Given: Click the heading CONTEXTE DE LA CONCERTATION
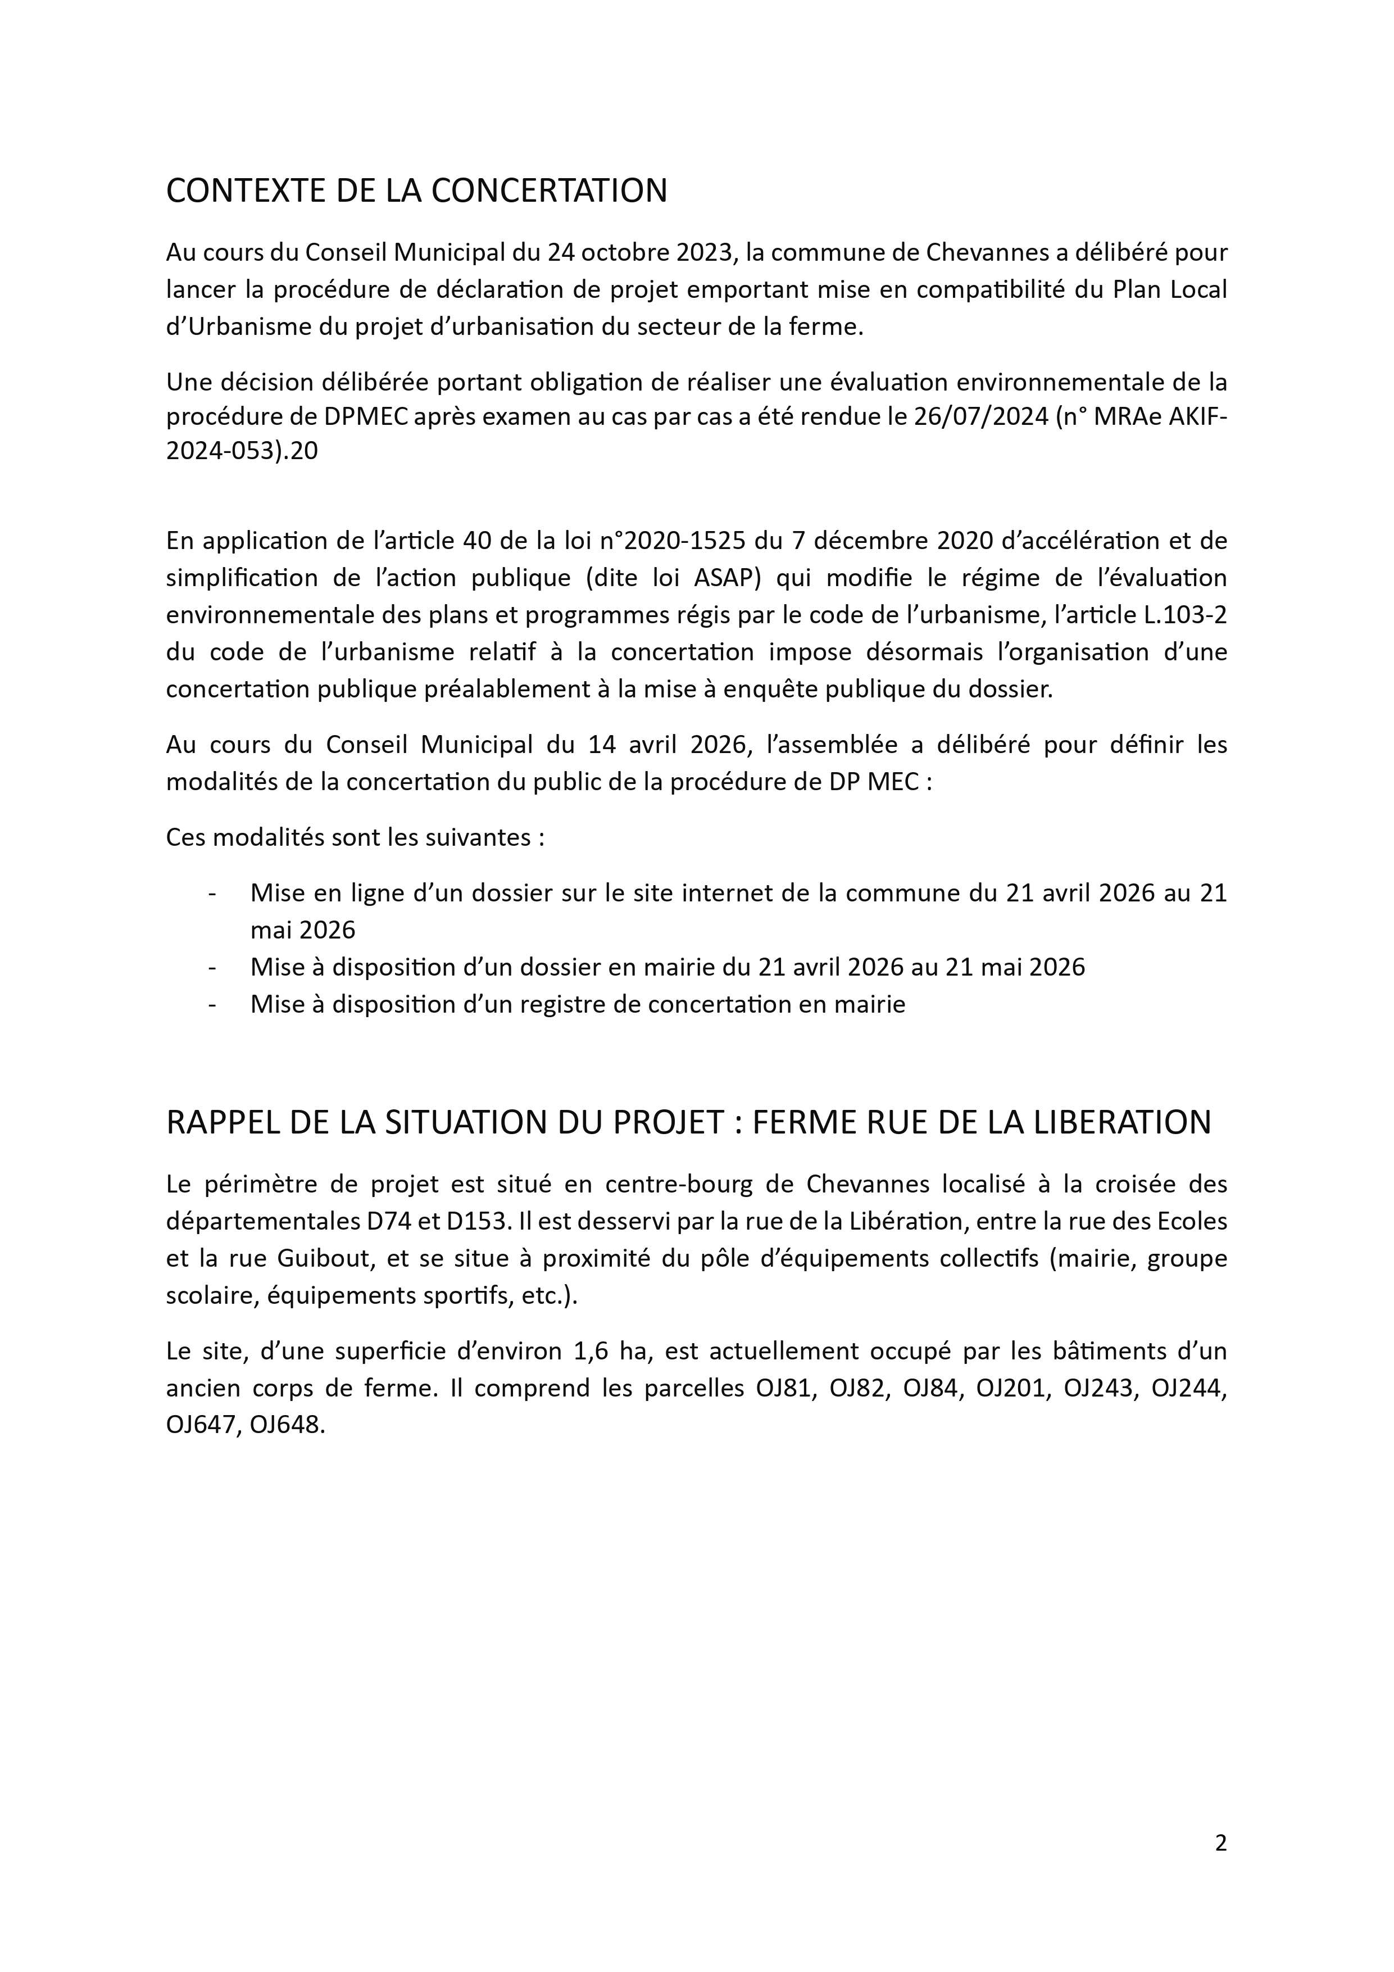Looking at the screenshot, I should pyautogui.click(x=416, y=191).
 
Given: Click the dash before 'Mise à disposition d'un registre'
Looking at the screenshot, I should pyautogui.click(x=211, y=1005).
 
